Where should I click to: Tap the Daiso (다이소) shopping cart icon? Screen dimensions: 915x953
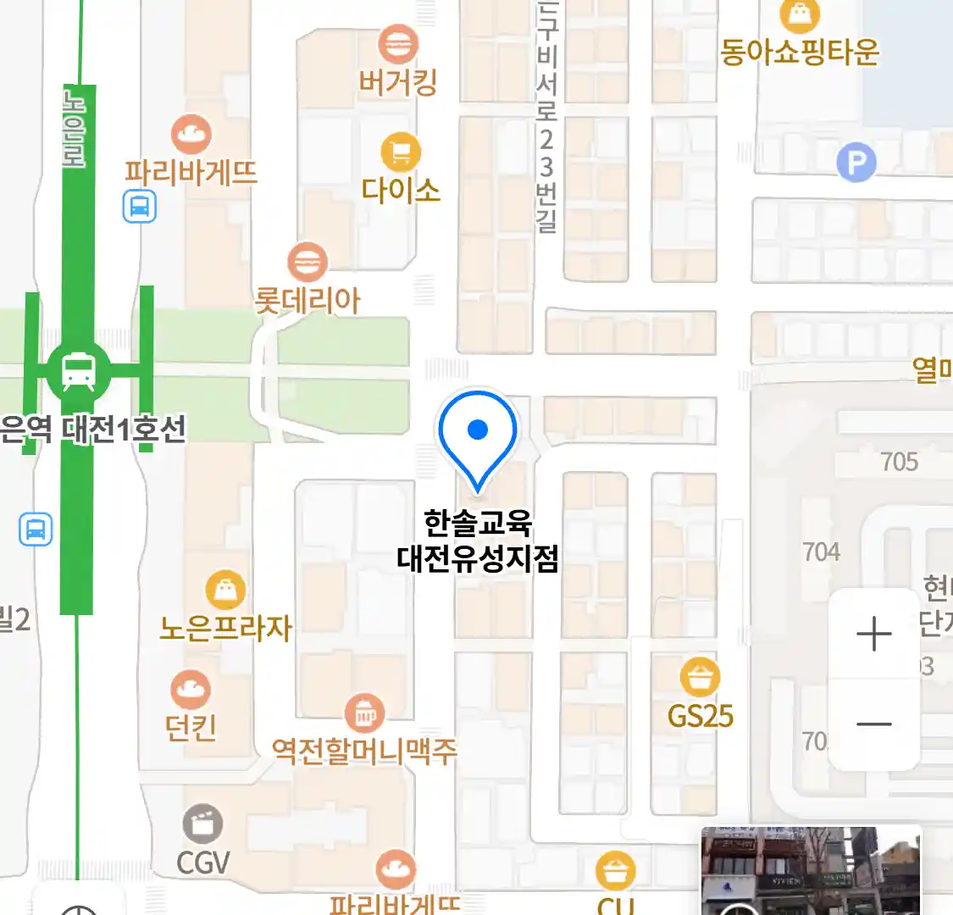coord(401,152)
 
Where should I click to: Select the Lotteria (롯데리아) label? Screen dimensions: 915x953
coord(308,301)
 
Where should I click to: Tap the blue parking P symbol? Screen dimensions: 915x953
coord(856,162)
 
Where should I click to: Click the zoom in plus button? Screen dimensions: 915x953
coord(873,634)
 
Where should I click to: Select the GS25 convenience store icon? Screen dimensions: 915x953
coord(700,677)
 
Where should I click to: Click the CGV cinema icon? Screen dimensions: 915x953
coord(203,824)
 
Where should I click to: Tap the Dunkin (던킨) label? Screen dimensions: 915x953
coord(191,727)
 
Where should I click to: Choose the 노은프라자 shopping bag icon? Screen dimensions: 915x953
coord(226,590)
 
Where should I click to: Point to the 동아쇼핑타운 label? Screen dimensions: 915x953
coord(799,53)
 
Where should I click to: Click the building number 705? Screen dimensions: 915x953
coord(899,462)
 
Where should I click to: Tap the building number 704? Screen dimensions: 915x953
coord(821,552)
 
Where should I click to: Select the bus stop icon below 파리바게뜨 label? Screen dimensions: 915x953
coord(140,206)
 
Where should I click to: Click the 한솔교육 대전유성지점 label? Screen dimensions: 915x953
coord(478,541)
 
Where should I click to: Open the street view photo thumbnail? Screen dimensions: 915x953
coord(811,871)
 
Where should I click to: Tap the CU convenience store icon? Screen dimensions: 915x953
coord(616,870)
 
